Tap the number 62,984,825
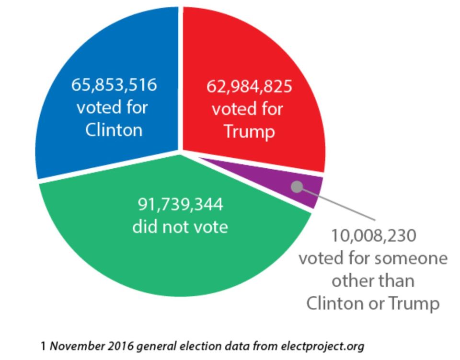coord(249,87)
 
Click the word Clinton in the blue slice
coord(114,130)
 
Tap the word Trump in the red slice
coord(250,132)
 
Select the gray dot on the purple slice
coord(298,187)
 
